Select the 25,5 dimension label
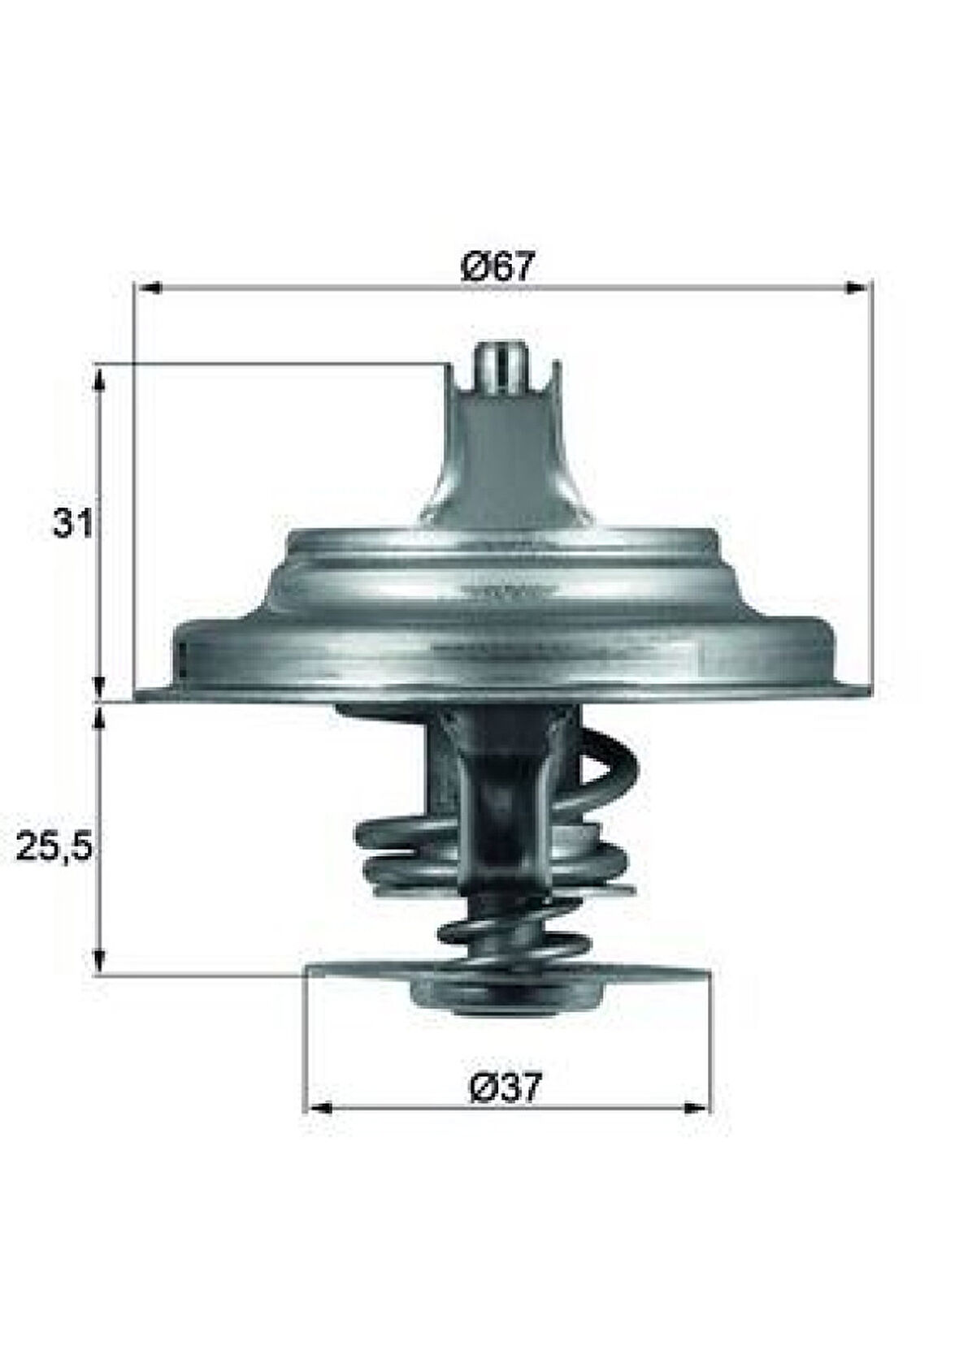pyautogui.click(x=54, y=849)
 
